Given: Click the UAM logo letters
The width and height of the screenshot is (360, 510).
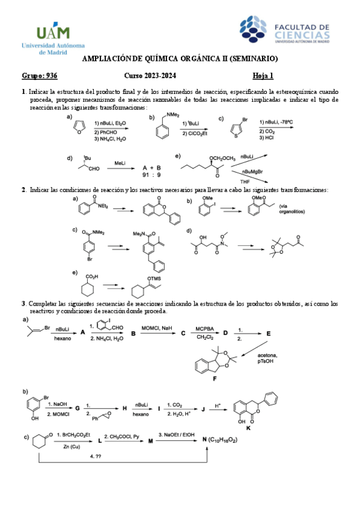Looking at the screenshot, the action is pyautogui.click(x=53, y=31).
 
